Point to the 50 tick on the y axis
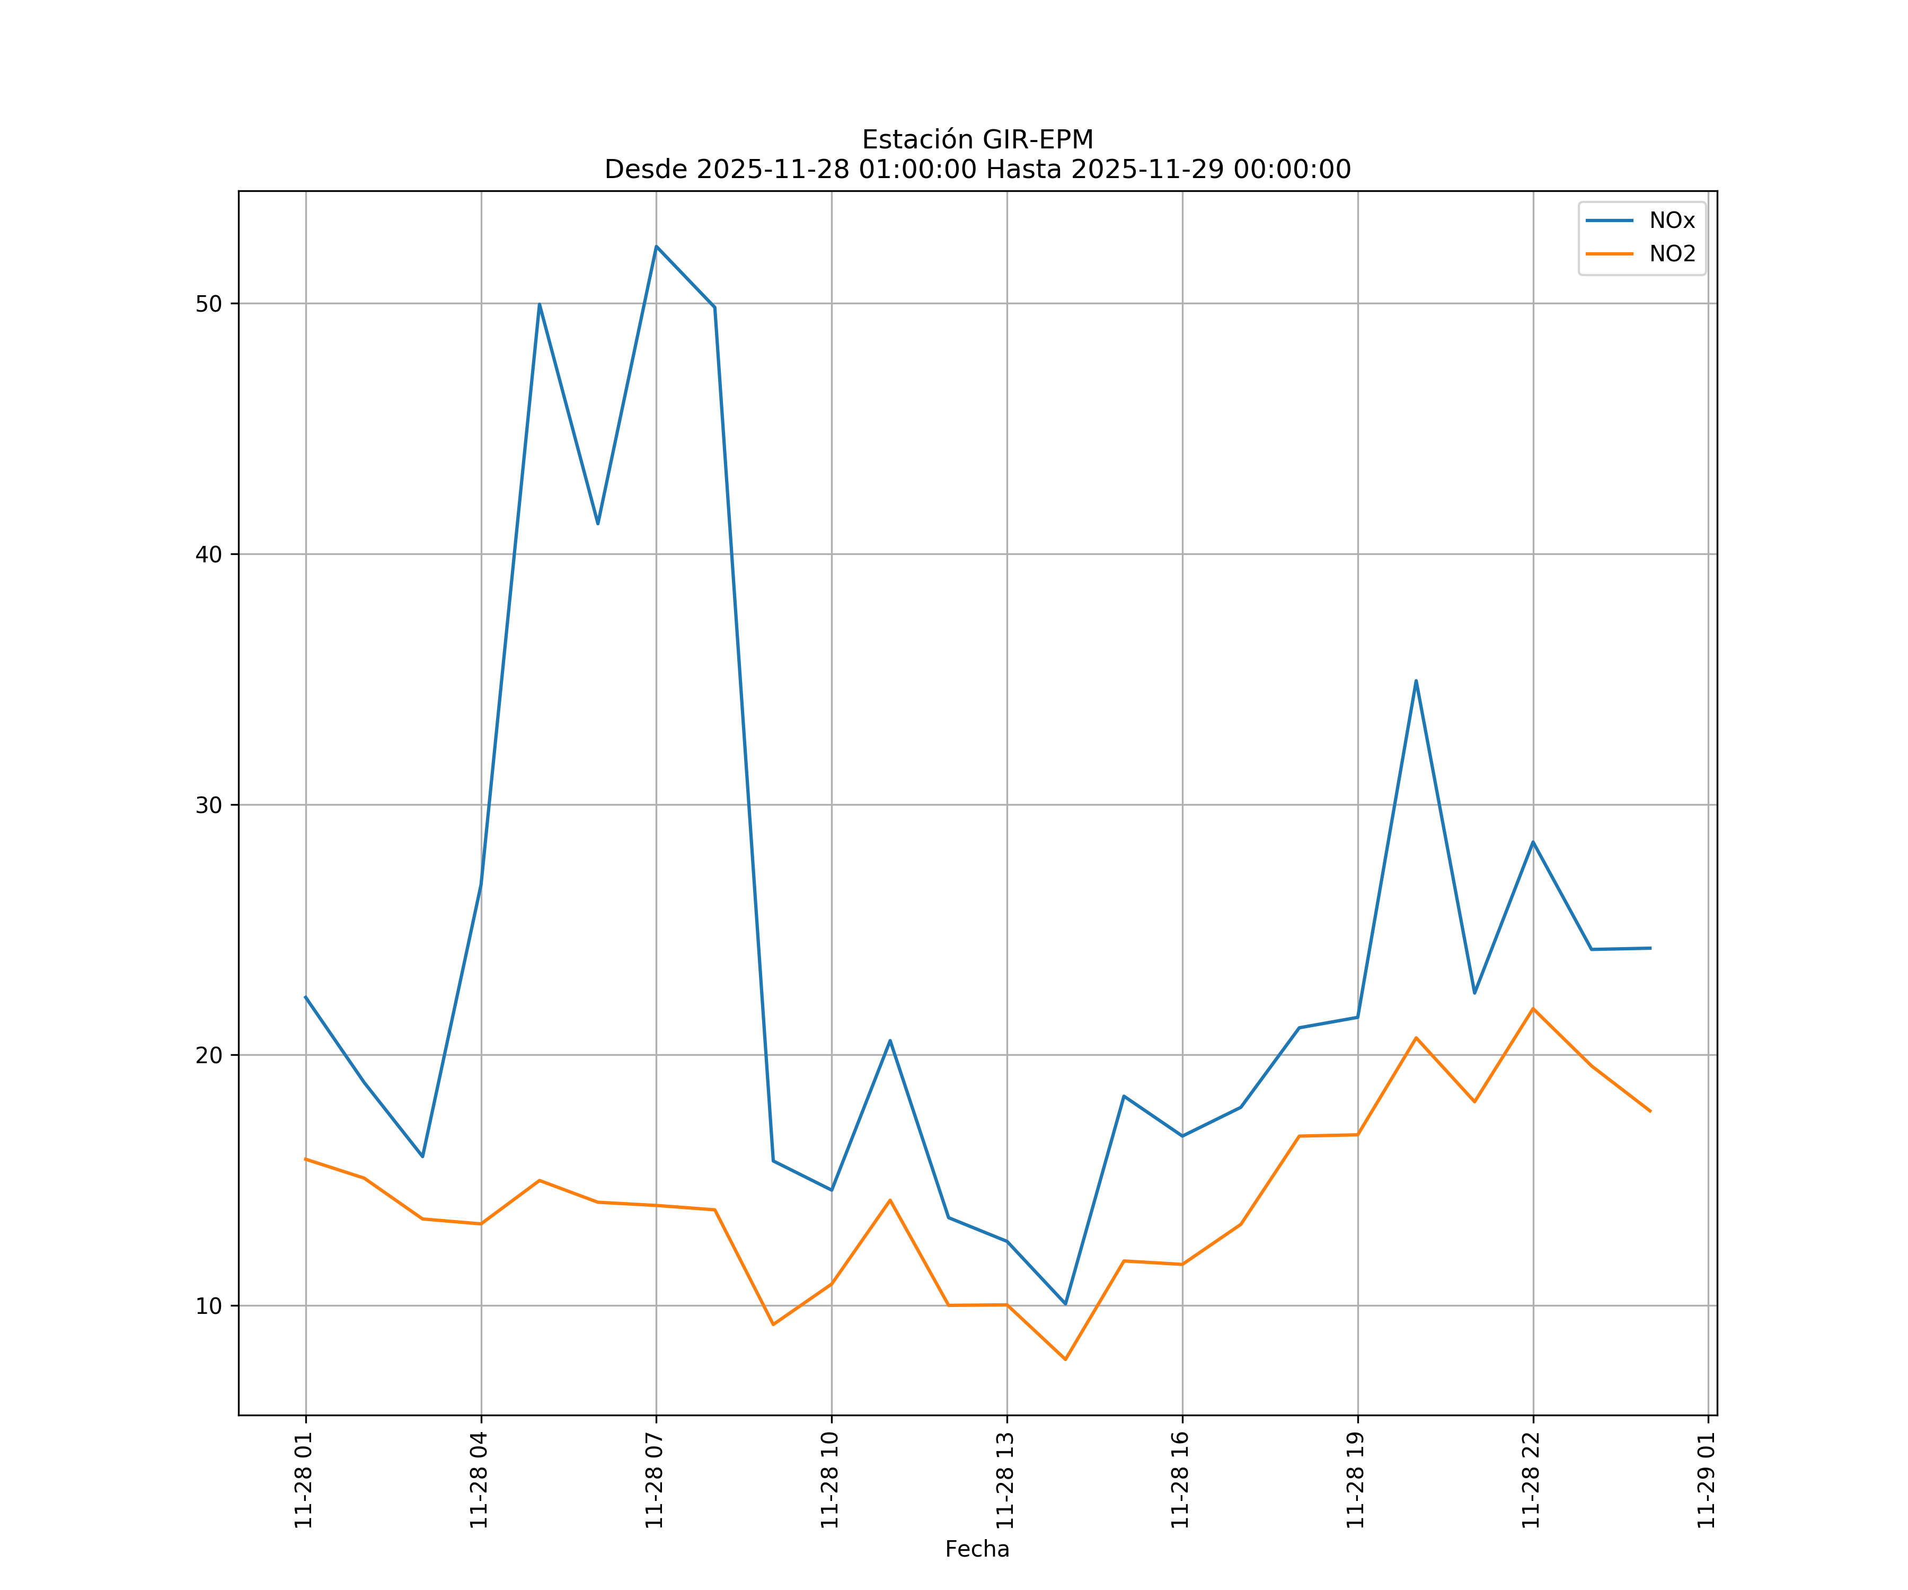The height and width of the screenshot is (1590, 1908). pyautogui.click(x=209, y=304)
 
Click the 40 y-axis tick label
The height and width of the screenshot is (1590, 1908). pyautogui.click(x=209, y=554)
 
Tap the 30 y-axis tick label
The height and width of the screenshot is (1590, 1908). pyautogui.click(x=209, y=805)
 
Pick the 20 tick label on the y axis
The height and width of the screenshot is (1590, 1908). pyautogui.click(x=209, y=1055)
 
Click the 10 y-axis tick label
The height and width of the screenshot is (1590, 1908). pyautogui.click(x=209, y=1305)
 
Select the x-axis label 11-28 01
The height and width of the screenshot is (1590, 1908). pyautogui.click(x=304, y=1480)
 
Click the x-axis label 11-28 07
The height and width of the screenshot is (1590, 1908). pyautogui.click(x=655, y=1480)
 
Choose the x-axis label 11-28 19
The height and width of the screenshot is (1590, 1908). pyautogui.click(x=1356, y=1480)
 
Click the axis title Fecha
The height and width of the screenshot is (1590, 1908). pyautogui.click(x=977, y=1549)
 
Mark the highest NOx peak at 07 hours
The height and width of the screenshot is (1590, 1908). pyautogui.click(x=656, y=246)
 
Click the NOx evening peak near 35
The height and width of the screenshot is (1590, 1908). pyautogui.click(x=1416, y=681)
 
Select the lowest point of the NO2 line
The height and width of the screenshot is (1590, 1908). pyautogui.click(x=1065, y=1359)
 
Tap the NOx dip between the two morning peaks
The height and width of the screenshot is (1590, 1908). pyautogui.click(x=598, y=523)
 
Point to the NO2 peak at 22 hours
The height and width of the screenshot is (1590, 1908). pyautogui.click(x=1533, y=1009)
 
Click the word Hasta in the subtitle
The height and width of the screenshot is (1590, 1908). pyautogui.click(x=1023, y=170)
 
